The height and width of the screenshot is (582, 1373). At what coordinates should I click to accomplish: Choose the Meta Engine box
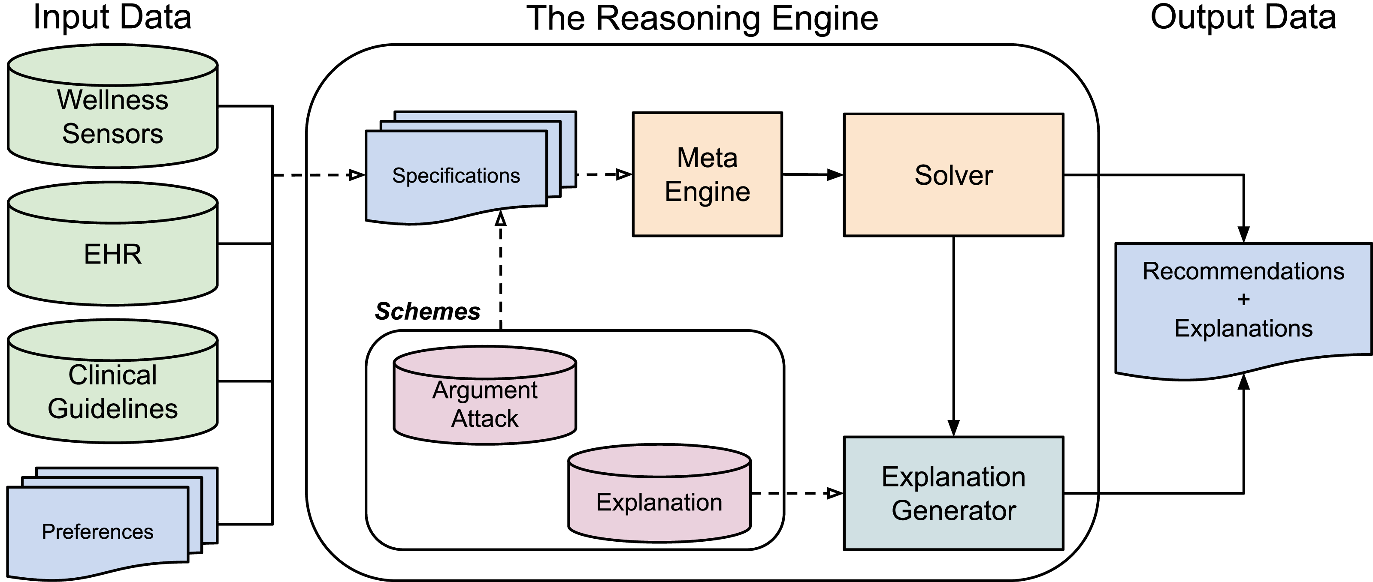click(x=707, y=174)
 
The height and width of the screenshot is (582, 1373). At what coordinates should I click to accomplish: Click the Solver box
click(x=953, y=175)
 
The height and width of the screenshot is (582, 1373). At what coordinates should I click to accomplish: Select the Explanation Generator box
click(x=953, y=493)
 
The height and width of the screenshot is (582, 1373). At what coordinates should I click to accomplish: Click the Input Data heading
click(x=112, y=17)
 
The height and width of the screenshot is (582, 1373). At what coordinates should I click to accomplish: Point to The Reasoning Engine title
click(x=702, y=18)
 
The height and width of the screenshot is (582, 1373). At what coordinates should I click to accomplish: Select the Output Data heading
click(x=1243, y=17)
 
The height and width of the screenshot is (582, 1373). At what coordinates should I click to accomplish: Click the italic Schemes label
click(x=427, y=311)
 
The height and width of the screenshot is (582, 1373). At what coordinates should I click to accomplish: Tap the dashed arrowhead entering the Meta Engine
click(x=623, y=174)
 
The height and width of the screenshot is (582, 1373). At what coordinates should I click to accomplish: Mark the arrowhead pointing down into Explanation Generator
click(x=953, y=428)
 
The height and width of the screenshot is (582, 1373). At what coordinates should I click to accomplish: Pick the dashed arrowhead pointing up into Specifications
click(x=500, y=218)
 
